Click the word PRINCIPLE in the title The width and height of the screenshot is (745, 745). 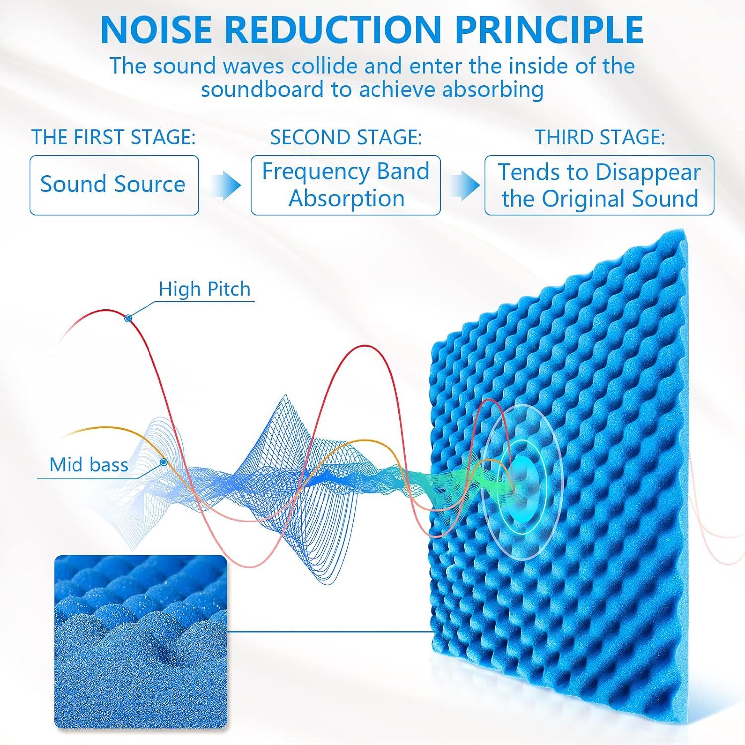tap(549, 30)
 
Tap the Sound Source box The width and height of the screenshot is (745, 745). tap(114, 185)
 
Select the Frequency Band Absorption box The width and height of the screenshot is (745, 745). tap(346, 185)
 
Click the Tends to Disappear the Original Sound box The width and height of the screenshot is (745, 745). tap(599, 185)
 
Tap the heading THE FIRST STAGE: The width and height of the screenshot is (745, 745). tap(114, 137)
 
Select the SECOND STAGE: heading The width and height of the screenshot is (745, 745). tap(346, 137)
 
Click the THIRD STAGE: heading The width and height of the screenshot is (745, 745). tap(599, 137)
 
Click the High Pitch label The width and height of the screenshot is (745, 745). tap(205, 289)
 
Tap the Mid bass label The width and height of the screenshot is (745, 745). tap(88, 465)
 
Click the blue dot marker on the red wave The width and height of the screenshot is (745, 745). tap(128, 318)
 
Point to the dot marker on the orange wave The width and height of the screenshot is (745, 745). tap(163, 462)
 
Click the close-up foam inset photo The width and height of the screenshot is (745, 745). tap(141, 642)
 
